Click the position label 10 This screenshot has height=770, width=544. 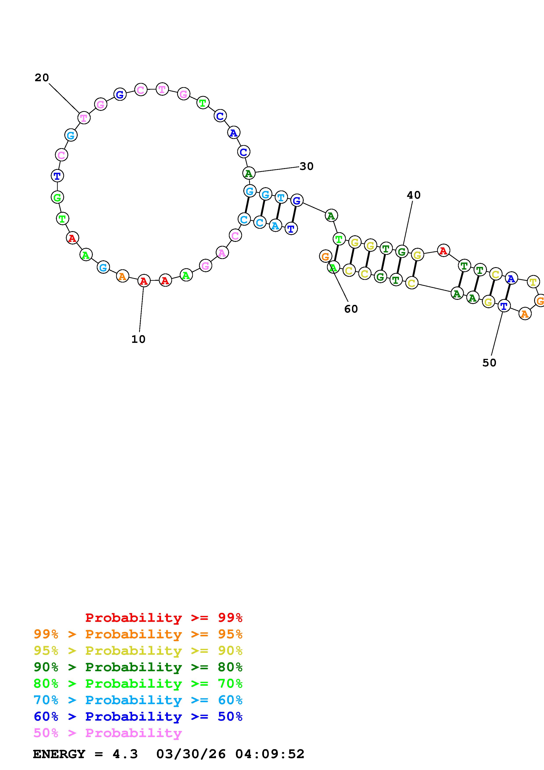[138, 339]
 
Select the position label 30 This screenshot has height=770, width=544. [306, 166]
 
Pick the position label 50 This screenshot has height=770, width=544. [489, 363]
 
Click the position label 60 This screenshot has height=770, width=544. [351, 309]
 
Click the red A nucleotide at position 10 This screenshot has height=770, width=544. [144, 281]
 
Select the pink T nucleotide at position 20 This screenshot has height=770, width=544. [84, 118]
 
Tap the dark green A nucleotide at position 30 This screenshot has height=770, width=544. [249, 173]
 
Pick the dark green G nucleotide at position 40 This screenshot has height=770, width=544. [402, 251]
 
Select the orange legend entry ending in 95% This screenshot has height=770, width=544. [138, 634]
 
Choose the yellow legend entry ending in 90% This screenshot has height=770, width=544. [138, 651]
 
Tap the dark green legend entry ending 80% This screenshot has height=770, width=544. [138, 667]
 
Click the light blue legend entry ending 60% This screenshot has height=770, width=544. [138, 700]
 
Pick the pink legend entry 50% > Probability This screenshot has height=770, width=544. [108, 733]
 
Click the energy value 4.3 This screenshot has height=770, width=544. [125, 754]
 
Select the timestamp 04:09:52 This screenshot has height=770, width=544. [270, 754]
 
